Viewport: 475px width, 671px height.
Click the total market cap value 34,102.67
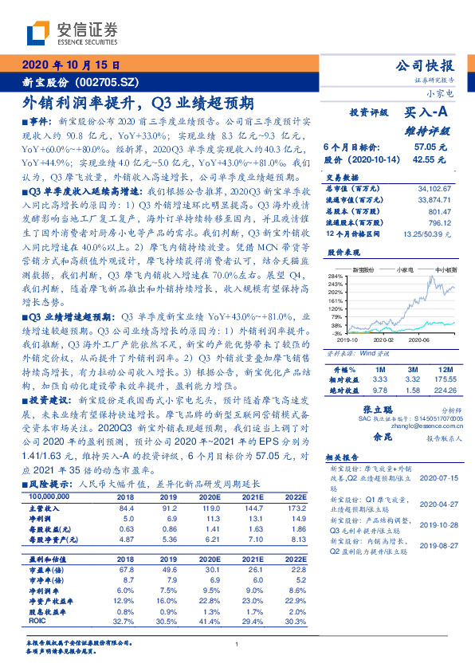tap(434, 188)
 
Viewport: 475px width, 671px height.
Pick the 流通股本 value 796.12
tap(439, 222)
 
